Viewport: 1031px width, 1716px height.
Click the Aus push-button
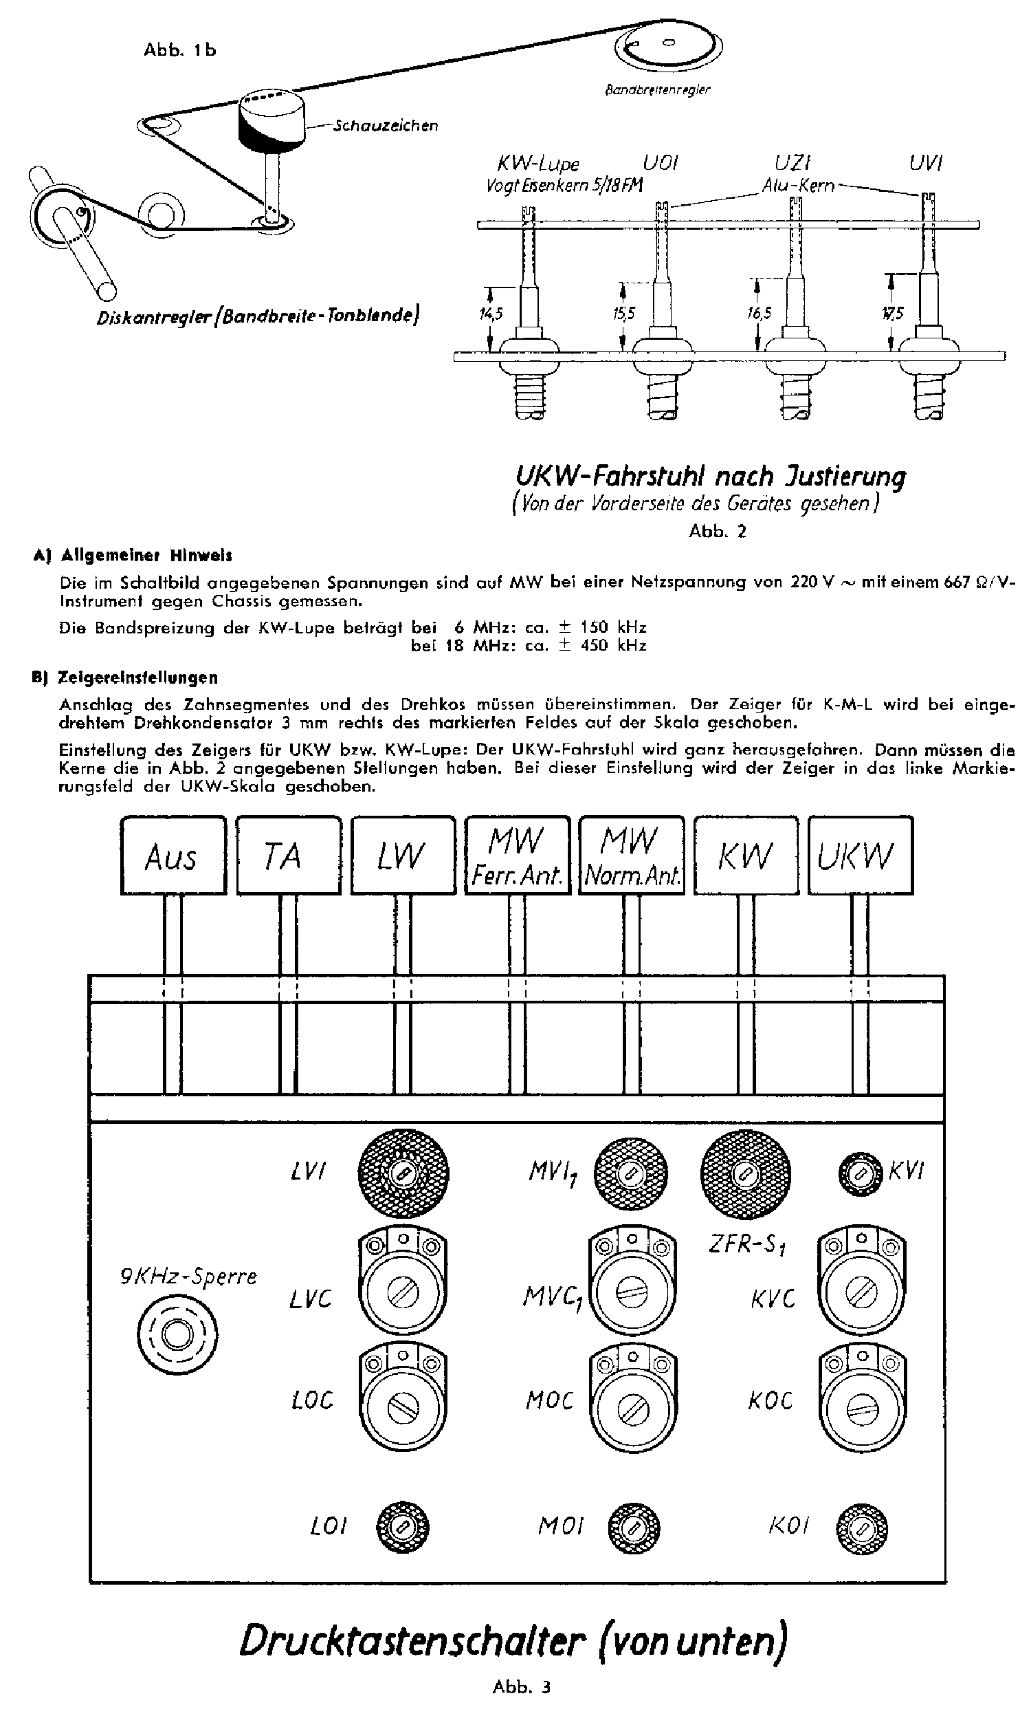(173, 855)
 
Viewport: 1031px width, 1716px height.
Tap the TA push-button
(288, 855)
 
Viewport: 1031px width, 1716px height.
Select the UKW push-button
(860, 855)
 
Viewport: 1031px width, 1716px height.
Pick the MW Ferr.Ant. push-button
(517, 855)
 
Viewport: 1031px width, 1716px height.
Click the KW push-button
(746, 855)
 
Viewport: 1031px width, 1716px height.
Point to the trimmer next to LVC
(402, 1293)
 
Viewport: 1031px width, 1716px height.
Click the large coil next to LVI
(402, 1174)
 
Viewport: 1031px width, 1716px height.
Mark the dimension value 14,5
(490, 314)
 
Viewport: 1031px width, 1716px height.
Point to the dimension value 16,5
(759, 314)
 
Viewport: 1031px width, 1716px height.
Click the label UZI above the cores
(792, 162)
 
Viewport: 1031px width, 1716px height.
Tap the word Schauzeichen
(386, 126)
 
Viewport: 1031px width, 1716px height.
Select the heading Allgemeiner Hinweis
(146, 555)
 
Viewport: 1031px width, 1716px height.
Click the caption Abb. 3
(521, 1686)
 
